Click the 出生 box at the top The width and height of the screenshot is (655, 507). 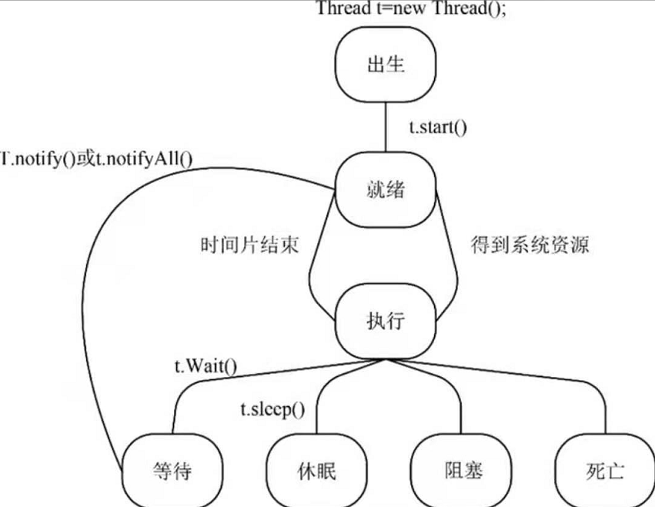tap(386, 65)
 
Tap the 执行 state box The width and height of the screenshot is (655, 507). tap(384, 317)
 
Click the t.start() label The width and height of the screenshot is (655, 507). tap(437, 126)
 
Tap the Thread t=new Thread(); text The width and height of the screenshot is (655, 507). tap(413, 9)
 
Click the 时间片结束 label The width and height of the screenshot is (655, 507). tap(248, 246)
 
